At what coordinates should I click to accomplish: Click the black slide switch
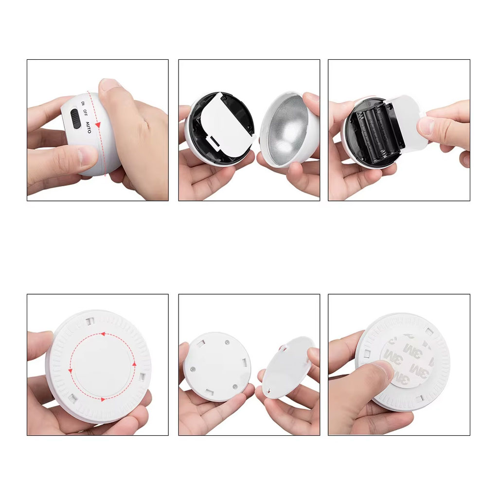coord(76,119)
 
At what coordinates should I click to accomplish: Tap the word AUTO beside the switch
coord(89,127)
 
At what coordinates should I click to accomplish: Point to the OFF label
coord(85,112)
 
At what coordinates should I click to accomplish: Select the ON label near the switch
coord(83,104)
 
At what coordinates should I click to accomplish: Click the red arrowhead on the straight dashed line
coord(98,125)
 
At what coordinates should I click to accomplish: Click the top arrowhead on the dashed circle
coord(103,334)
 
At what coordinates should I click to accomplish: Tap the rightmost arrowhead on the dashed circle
coord(134,364)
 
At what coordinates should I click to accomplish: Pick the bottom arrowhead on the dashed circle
coord(103,399)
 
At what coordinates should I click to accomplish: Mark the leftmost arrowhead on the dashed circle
coord(70,371)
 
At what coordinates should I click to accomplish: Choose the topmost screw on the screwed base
coord(227,342)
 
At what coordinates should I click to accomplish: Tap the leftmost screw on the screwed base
coord(193,369)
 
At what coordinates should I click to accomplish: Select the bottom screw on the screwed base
coord(235,387)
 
